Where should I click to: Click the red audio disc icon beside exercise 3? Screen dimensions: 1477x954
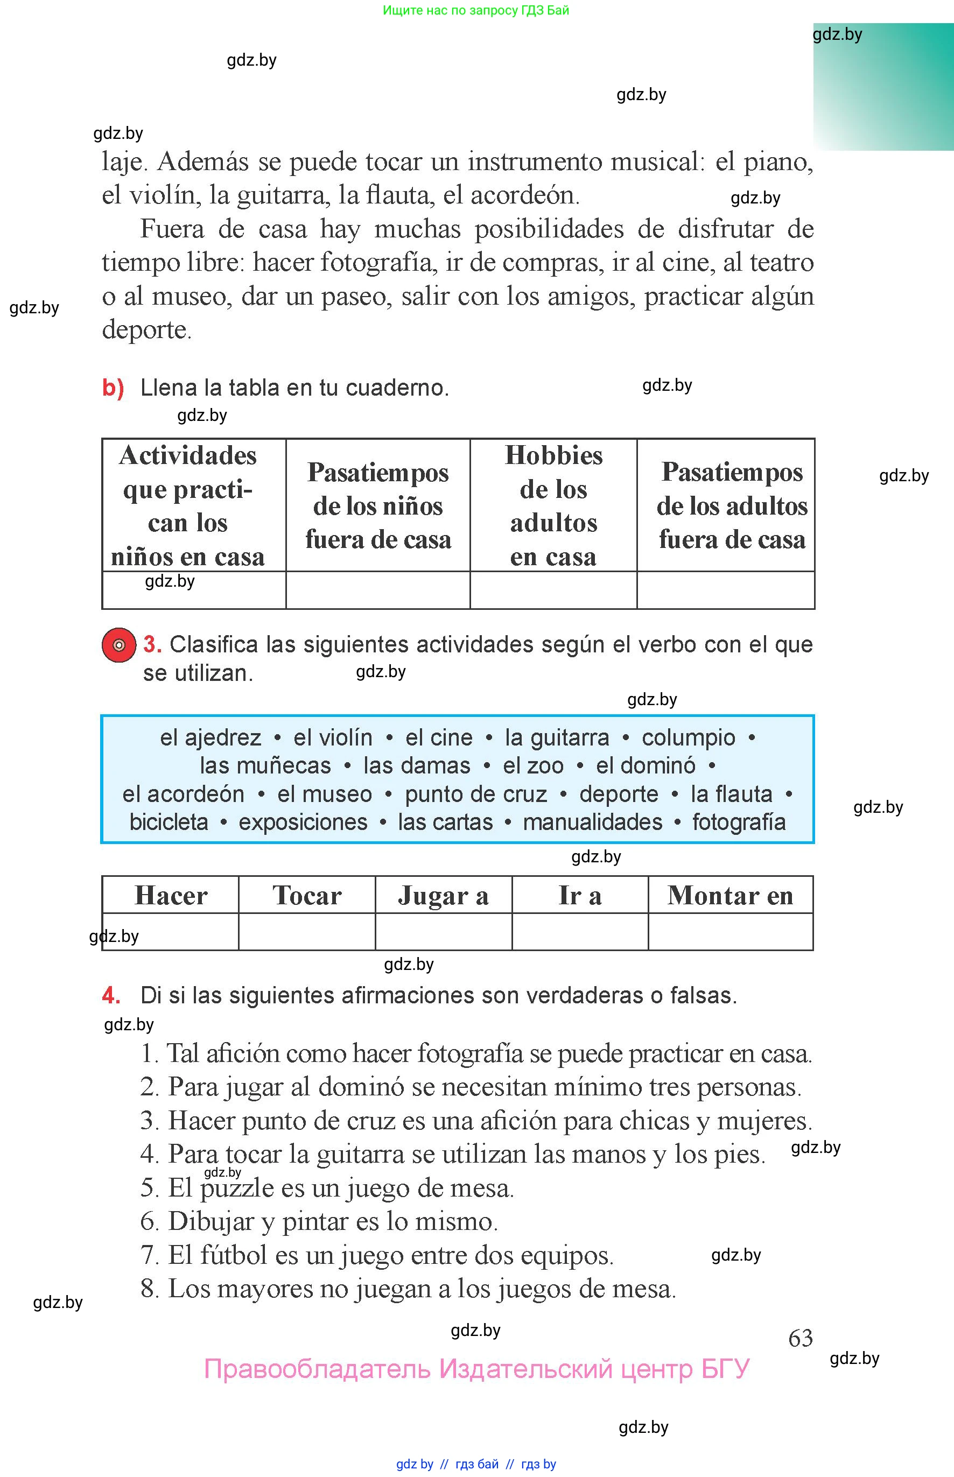pos(118,645)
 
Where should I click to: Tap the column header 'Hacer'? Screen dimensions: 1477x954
pos(171,896)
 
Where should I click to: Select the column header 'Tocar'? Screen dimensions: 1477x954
pos(307,896)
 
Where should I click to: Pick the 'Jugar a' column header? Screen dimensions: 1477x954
pos(444,896)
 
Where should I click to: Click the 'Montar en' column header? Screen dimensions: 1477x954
pos(731,896)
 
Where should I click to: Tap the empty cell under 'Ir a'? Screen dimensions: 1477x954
pos(580,931)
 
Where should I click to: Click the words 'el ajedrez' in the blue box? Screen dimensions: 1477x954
pos(211,737)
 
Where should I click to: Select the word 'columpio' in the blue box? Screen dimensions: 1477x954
pos(688,737)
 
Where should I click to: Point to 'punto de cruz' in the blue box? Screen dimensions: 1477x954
pos(476,794)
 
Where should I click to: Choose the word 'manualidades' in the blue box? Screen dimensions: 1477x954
pos(592,822)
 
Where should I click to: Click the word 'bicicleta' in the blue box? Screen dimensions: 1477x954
pos(169,822)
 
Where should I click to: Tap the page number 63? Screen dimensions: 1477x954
pos(801,1338)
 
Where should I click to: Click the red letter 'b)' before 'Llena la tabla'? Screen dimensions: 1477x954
pos(113,388)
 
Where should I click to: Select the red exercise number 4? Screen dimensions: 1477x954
pos(111,995)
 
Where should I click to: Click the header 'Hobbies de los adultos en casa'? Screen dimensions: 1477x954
pos(553,505)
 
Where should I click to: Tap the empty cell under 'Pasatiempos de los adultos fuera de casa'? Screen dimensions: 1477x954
pos(725,590)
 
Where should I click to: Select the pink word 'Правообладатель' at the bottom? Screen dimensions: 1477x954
pos(317,1369)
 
